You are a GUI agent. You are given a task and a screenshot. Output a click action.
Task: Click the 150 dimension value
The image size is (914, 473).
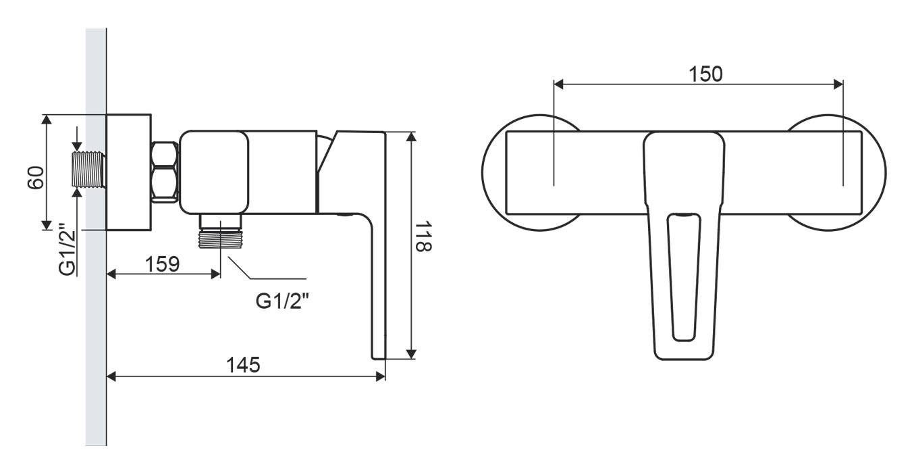point(705,74)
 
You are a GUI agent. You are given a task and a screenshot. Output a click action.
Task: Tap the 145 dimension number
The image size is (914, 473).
point(243,365)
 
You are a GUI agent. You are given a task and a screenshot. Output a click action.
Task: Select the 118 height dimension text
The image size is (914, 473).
point(423,236)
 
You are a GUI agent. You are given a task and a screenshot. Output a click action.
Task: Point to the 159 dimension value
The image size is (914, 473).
point(163,264)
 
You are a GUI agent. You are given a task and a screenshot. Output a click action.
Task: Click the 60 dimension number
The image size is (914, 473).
point(36,177)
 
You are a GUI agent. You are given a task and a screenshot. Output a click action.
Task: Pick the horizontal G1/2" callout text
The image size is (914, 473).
point(282,301)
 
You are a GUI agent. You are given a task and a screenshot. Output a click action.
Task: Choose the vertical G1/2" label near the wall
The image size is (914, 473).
point(68,249)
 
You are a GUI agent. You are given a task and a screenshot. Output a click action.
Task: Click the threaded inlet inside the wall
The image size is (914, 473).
point(89,170)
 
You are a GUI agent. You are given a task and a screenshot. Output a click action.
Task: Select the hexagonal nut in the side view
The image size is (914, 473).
point(165,172)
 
